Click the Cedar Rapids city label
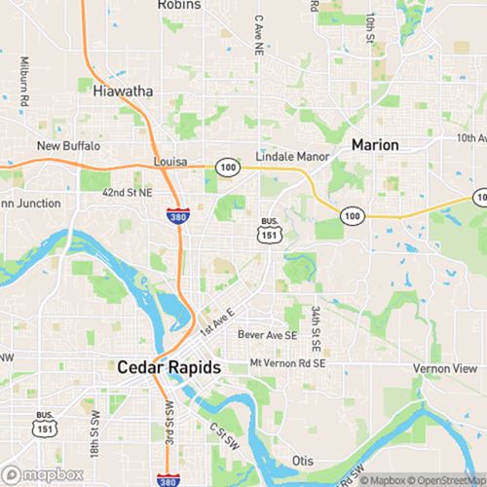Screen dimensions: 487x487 (x=169, y=368)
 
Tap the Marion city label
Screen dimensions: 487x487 (x=374, y=144)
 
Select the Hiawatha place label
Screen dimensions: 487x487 (x=122, y=92)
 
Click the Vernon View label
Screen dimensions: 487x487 (x=444, y=369)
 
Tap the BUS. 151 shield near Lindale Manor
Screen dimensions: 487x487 (x=269, y=228)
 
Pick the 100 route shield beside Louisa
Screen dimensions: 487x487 (x=226, y=168)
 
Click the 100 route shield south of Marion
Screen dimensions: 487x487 (x=351, y=213)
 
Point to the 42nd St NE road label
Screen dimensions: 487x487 (x=128, y=193)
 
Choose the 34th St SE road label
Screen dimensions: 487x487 (x=316, y=329)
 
